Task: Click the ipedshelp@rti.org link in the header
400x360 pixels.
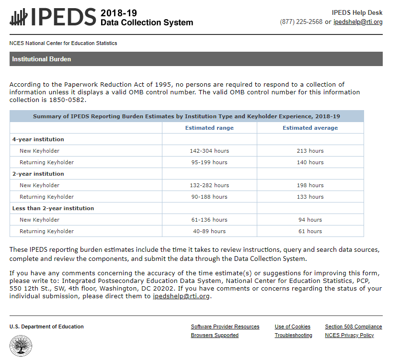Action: point(358,22)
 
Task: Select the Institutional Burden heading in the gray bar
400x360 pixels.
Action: point(42,59)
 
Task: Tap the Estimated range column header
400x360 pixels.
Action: point(209,128)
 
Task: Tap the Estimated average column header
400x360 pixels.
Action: point(310,128)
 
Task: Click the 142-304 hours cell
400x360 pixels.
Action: point(209,151)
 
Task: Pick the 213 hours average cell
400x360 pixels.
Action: point(310,151)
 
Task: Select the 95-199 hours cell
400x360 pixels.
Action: point(209,162)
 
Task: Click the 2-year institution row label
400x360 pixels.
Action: point(38,174)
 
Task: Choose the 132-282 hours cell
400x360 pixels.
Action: point(209,185)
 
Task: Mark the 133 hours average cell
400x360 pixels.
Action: point(310,197)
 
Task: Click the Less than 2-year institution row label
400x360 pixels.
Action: point(53,208)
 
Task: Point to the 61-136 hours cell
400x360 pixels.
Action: point(209,220)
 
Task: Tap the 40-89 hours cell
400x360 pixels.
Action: point(209,231)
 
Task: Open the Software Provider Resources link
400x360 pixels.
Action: point(225,327)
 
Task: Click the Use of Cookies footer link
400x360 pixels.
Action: point(292,327)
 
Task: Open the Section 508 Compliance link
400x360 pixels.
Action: point(354,327)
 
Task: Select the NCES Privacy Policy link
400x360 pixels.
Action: point(349,336)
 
